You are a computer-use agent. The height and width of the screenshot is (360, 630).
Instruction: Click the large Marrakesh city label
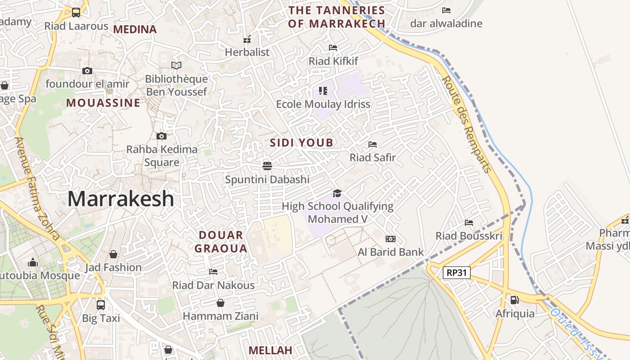(121, 199)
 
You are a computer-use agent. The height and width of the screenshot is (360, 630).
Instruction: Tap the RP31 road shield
(456, 272)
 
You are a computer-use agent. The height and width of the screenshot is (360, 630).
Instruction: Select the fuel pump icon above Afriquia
(514, 300)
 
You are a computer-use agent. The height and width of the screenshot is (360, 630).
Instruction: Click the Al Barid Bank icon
(390, 239)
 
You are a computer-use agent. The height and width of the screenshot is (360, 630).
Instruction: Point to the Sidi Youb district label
(301, 143)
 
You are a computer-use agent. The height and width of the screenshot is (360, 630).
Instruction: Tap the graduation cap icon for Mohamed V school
(337, 193)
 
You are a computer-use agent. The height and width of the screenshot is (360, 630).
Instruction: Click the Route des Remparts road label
(467, 125)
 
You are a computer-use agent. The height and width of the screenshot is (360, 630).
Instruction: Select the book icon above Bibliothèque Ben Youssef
(176, 66)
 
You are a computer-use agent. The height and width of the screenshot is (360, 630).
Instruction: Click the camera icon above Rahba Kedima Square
(162, 136)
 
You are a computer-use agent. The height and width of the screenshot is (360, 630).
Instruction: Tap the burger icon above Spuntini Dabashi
(267, 166)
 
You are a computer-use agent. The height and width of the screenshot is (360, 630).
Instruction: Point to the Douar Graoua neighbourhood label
(221, 242)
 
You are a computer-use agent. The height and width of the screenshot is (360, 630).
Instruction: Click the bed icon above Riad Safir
(373, 144)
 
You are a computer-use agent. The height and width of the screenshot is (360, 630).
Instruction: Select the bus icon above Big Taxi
(101, 305)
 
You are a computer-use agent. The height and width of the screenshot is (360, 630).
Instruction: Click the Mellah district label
(270, 350)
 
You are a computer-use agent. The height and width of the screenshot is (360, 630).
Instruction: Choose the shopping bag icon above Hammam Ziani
(220, 303)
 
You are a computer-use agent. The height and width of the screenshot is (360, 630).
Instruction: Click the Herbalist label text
(247, 52)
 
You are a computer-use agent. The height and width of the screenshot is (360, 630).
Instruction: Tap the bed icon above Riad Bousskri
(469, 222)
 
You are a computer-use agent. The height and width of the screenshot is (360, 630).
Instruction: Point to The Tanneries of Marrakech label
(337, 17)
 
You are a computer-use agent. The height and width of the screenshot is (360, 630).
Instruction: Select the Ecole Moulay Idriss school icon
(323, 91)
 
